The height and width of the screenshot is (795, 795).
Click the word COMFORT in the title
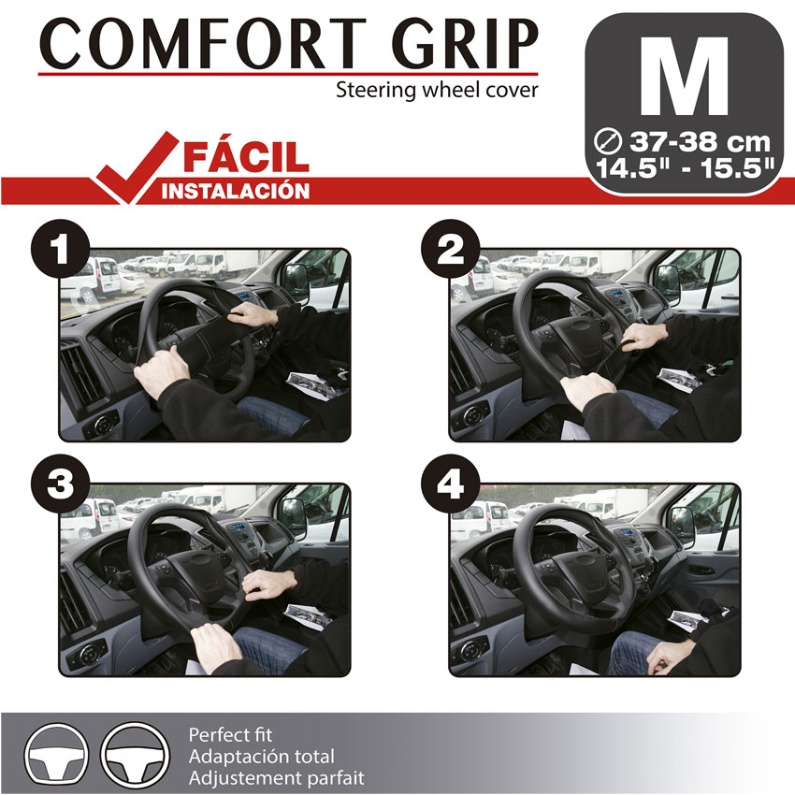click(x=203, y=44)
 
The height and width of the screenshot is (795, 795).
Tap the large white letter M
click(x=684, y=76)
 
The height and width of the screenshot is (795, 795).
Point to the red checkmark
click(x=136, y=167)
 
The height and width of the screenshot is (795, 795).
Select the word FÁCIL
click(x=246, y=156)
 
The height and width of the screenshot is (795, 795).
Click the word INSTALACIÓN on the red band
click(x=236, y=192)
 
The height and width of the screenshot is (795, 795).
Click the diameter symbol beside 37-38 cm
click(x=607, y=141)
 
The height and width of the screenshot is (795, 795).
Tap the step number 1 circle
click(x=61, y=249)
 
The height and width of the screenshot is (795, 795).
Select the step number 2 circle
click(x=450, y=249)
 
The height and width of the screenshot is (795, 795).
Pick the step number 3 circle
click(x=61, y=484)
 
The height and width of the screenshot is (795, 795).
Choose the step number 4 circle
click(x=450, y=484)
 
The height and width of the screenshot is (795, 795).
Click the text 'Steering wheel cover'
click(x=437, y=90)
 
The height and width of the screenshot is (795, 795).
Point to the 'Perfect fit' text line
click(x=230, y=734)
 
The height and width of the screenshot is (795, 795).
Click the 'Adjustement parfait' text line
click(x=276, y=778)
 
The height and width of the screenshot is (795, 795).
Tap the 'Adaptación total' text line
click(x=262, y=756)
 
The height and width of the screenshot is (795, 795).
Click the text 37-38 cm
click(x=700, y=141)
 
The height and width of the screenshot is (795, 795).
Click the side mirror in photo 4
click(x=682, y=527)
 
